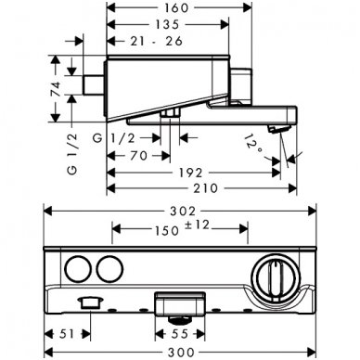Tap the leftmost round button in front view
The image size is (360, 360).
[77, 272]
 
